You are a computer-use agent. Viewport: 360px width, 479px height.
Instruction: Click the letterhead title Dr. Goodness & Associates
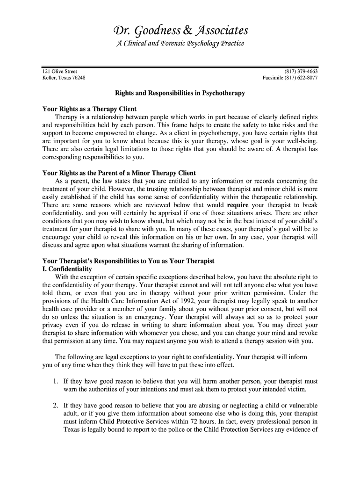pos(180,31)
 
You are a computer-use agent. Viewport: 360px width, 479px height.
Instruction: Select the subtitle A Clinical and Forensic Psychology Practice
pos(180,44)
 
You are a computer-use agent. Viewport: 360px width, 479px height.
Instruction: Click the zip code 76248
pos(77,78)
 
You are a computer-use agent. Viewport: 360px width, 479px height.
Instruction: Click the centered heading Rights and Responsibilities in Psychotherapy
pos(180,94)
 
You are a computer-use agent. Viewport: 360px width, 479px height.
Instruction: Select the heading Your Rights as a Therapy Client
pos(89,109)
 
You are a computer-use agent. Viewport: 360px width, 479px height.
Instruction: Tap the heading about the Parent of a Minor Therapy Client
pos(119,173)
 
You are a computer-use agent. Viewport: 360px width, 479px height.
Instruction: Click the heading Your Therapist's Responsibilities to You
pos(128,261)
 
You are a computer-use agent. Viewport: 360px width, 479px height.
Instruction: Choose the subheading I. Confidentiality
pos(67,269)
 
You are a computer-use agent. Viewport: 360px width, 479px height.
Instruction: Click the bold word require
pos(238,205)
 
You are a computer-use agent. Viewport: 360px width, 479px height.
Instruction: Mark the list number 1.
pos(55,381)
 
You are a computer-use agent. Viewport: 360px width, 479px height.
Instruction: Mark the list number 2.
pos(55,405)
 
